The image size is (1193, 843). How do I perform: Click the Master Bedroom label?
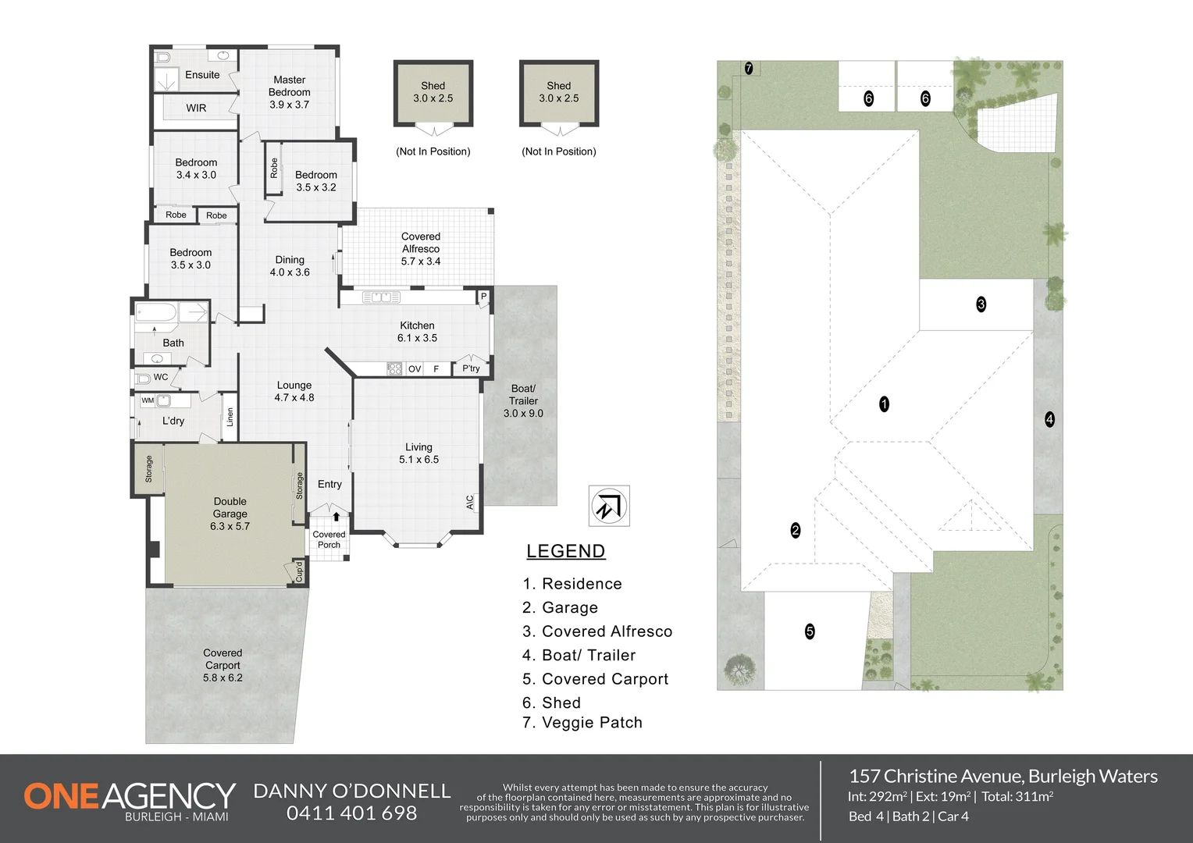point(289,92)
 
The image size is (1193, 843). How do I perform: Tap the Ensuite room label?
point(202,75)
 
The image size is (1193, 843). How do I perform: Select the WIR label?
point(196,108)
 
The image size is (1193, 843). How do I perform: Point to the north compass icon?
point(609,506)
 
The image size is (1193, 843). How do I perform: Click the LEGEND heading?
point(565,551)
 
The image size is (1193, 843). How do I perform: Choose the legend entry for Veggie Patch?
point(582,723)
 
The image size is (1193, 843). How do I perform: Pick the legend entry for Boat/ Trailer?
point(579,655)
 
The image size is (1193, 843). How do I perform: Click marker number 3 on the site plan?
point(981,304)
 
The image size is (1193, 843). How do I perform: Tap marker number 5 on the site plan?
point(810,631)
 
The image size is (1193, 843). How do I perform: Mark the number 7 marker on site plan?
point(749,68)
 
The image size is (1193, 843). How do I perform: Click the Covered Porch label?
point(329,539)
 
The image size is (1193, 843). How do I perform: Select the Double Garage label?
point(230,514)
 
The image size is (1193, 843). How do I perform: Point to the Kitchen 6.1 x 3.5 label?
point(417,331)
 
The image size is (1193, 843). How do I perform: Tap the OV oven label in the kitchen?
point(415,369)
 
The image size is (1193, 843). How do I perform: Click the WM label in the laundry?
point(148,400)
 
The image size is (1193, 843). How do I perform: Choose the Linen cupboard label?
point(230,417)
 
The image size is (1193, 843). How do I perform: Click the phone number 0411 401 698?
point(351,813)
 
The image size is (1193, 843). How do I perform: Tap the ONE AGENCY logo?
point(130,800)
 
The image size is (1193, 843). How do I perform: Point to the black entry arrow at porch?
point(336,517)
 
